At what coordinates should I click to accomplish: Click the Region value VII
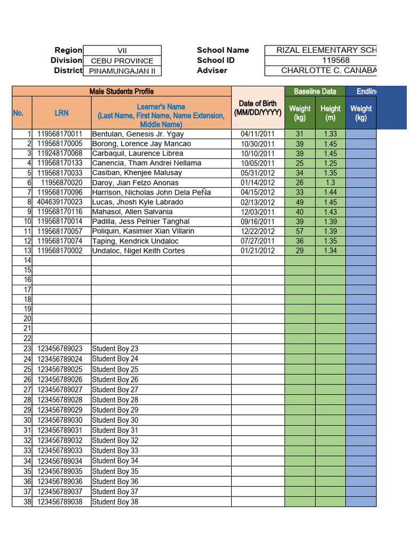point(122,51)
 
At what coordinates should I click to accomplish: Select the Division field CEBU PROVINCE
point(122,61)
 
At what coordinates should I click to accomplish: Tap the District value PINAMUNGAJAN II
point(122,70)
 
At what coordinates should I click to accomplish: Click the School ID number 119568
point(320,60)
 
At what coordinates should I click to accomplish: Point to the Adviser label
point(212,70)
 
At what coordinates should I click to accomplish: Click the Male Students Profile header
point(122,91)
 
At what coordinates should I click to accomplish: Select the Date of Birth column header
point(258,108)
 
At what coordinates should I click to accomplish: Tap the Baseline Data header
point(315,91)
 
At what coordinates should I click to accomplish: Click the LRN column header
point(61,113)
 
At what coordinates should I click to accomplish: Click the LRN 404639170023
point(60,202)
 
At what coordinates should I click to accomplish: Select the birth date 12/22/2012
point(258,231)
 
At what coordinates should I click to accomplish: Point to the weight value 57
point(299,231)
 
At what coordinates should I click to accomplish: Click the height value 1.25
point(330,163)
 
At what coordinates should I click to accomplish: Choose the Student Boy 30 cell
point(115,420)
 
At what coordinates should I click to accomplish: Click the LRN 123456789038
point(60,502)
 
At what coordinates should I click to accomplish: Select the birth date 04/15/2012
point(258,192)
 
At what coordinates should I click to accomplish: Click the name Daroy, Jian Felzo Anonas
point(136,182)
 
